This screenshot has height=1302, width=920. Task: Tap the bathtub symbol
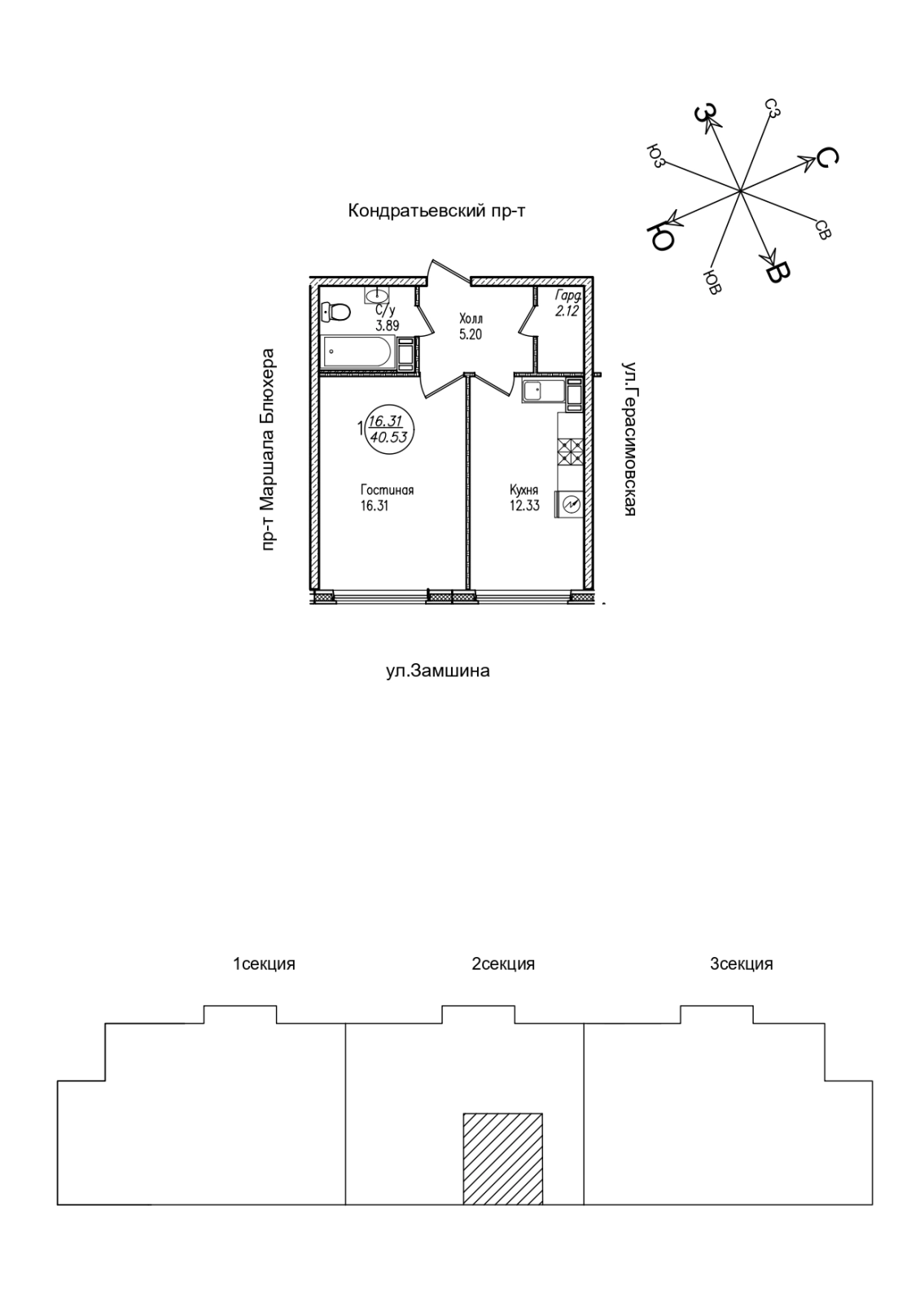point(358,353)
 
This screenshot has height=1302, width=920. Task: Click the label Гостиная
point(388,490)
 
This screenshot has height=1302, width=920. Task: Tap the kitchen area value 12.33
point(524,505)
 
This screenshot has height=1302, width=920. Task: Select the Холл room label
point(471,319)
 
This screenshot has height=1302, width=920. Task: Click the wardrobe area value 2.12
point(567,311)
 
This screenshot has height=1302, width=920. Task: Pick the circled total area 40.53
point(388,435)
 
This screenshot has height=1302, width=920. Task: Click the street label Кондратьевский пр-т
point(437,212)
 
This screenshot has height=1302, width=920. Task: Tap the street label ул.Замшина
point(437,671)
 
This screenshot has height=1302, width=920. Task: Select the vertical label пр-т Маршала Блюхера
point(269,451)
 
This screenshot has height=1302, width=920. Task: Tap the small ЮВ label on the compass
point(712,282)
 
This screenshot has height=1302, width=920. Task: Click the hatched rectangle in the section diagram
point(502,1158)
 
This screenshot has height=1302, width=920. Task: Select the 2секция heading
point(503,964)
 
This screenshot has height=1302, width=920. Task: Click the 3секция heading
point(741,964)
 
